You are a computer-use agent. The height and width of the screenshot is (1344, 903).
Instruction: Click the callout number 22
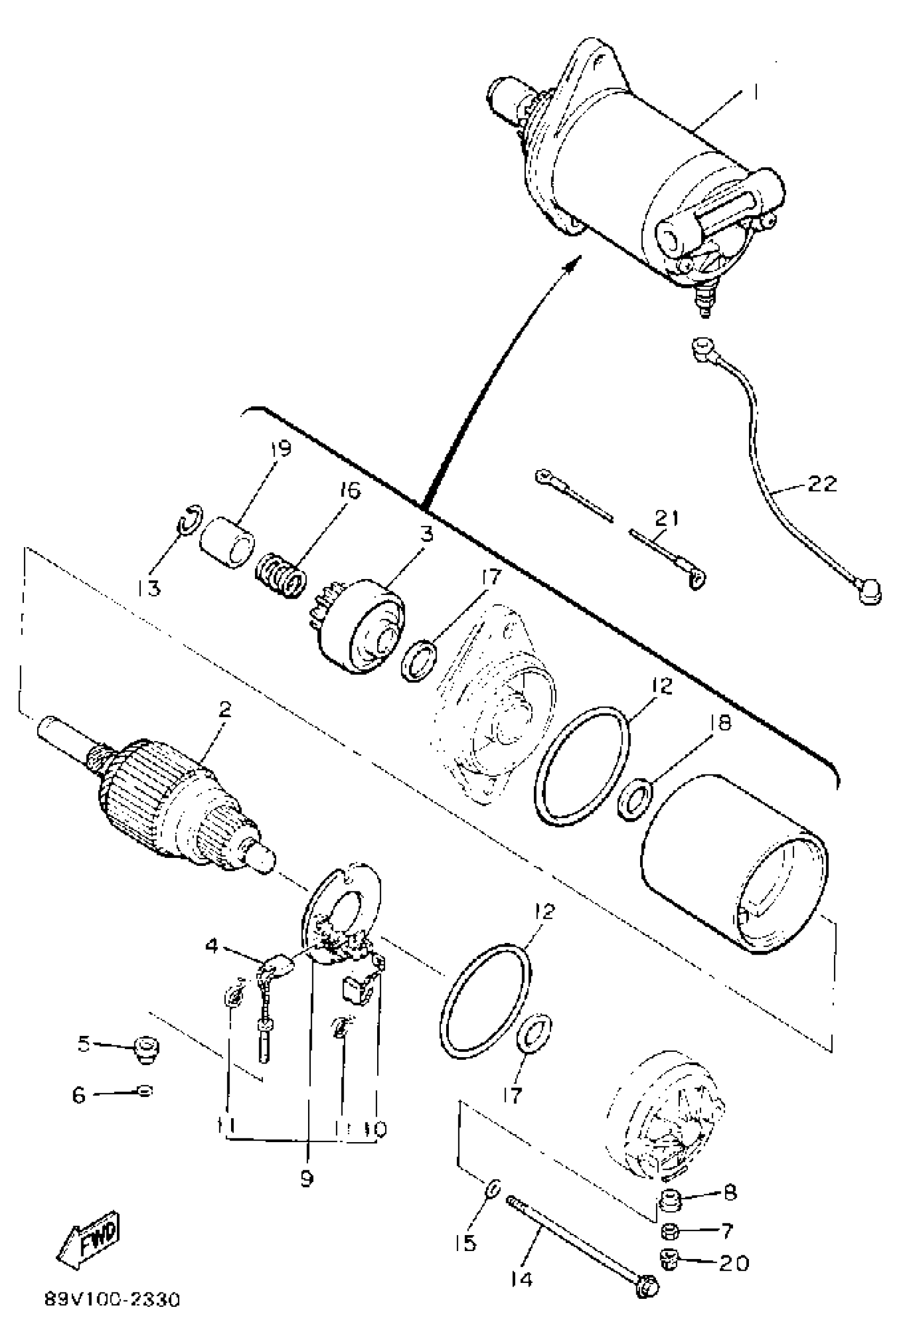[x=822, y=484]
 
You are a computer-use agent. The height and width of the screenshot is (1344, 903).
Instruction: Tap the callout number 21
[x=666, y=518]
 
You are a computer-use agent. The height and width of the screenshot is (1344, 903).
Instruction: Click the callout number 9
[x=307, y=1178]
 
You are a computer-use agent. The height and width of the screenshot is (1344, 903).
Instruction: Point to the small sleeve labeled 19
[x=227, y=542]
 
